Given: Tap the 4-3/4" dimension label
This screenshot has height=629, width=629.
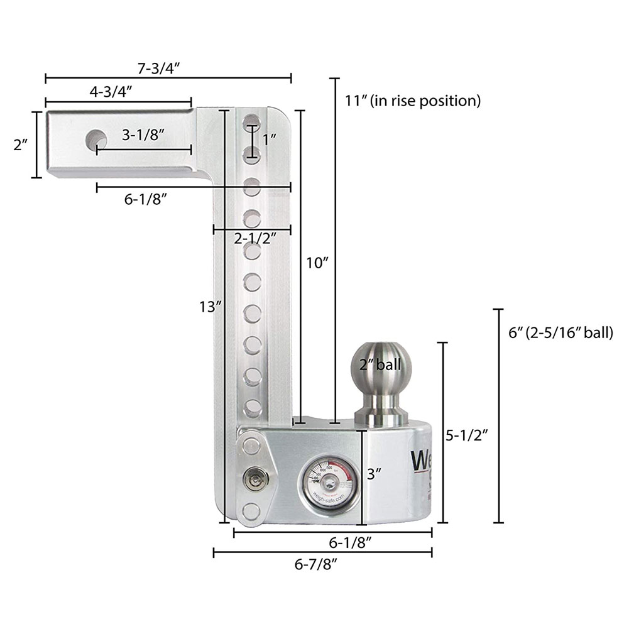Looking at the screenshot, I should pos(110,92).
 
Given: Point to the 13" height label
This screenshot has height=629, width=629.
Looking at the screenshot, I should pos(207,307).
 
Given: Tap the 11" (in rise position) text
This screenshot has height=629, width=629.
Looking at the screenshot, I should pos(413,100).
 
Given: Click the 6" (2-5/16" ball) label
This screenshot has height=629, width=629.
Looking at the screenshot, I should pos(561,332).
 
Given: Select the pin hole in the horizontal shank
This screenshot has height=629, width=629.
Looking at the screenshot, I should pos(97,137).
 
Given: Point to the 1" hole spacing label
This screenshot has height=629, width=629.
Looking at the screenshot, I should pos(270,139).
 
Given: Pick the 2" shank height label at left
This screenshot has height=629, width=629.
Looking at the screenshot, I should pos(20,145).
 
